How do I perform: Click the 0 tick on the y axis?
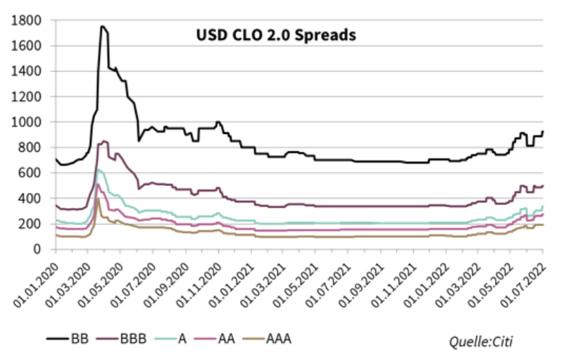(39, 249)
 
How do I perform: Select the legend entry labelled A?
(182, 340)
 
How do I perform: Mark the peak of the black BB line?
(103, 27)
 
